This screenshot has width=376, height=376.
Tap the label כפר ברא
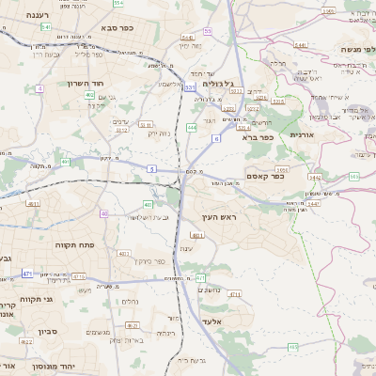point(257,137)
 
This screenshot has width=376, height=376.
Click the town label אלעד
point(211,321)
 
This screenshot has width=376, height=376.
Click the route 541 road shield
point(46,28)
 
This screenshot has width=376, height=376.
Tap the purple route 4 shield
point(39,88)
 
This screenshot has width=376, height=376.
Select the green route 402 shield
point(88,95)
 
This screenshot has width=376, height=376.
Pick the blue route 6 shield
point(215,138)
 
